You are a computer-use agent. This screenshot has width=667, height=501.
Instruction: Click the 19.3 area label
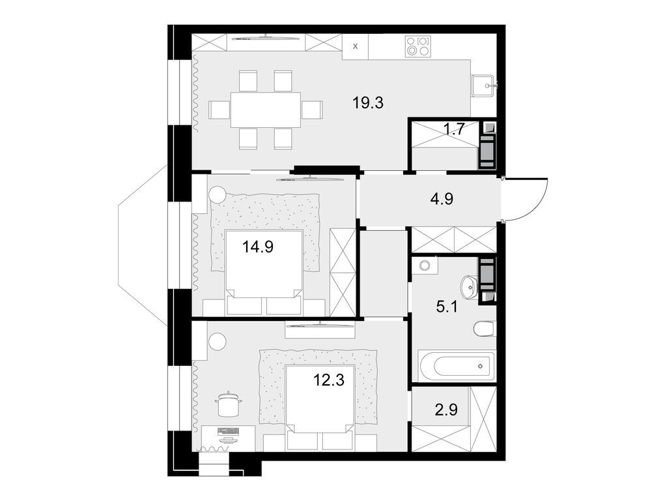(368, 102)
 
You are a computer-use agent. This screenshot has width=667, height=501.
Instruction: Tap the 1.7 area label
(453, 129)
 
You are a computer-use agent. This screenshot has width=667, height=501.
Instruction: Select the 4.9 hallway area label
(441, 199)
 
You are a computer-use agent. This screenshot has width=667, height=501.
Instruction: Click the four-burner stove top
(418, 47)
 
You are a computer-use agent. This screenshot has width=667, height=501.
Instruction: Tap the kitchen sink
(483, 85)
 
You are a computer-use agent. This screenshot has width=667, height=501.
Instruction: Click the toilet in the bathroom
(485, 329)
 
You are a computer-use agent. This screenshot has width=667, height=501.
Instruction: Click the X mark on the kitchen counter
(355, 46)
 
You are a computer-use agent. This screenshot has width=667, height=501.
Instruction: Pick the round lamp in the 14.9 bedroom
(217, 194)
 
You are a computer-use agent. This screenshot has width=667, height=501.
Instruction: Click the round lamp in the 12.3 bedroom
(217, 341)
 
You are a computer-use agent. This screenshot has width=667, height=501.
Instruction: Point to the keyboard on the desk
(229, 431)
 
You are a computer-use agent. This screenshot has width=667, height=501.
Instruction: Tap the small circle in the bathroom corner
(425, 266)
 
